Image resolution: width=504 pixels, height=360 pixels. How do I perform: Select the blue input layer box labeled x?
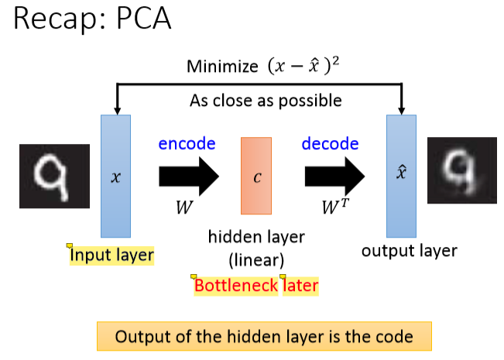(x=116, y=176)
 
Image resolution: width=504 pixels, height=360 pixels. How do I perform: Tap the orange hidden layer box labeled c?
(x=256, y=176)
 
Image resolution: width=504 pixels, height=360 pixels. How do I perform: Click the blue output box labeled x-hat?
(x=402, y=176)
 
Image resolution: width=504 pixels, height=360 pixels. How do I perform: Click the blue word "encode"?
(x=187, y=144)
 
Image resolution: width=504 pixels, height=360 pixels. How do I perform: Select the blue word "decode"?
(x=330, y=144)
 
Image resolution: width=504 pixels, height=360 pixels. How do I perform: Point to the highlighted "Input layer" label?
(x=111, y=255)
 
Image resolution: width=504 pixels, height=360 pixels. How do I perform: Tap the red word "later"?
(x=300, y=286)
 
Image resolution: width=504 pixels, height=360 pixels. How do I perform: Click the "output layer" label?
(x=410, y=251)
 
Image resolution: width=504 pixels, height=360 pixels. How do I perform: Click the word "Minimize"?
(x=221, y=67)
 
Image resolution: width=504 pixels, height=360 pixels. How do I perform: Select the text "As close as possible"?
(x=266, y=101)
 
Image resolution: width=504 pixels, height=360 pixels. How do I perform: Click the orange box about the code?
(x=263, y=337)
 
